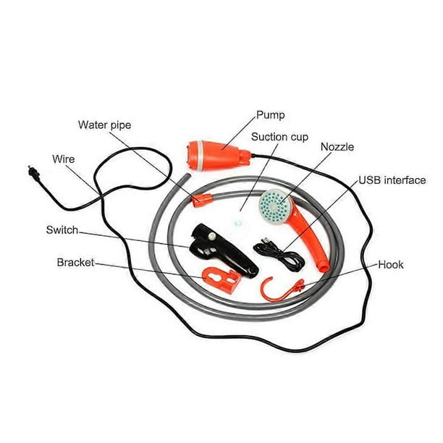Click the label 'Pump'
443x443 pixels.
pyautogui.click(x=271, y=115)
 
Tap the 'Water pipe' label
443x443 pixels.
pyautogui.click(x=104, y=125)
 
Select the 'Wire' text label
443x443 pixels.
pyautogui.click(x=63, y=159)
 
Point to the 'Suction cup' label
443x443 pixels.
pyautogui.click(x=279, y=137)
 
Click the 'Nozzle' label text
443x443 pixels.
pyautogui.click(x=337, y=147)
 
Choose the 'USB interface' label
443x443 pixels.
pyautogui.click(x=392, y=180)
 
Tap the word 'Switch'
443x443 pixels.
pyautogui.click(x=62, y=230)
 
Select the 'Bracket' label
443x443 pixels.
pyautogui.click(x=75, y=263)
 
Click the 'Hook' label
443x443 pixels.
pyautogui.click(x=391, y=265)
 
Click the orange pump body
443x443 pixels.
pyautogui.click(x=218, y=156)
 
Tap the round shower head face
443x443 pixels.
pyautogui.click(x=275, y=206)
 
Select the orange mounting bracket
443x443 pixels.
pyautogui.click(x=221, y=280)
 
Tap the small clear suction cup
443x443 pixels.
pyautogui.click(x=238, y=223)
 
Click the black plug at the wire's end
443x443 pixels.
pyautogui.click(x=33, y=172)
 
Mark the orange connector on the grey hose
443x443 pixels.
pyautogui.click(x=202, y=201)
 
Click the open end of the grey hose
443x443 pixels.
pyautogui.click(x=187, y=176)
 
